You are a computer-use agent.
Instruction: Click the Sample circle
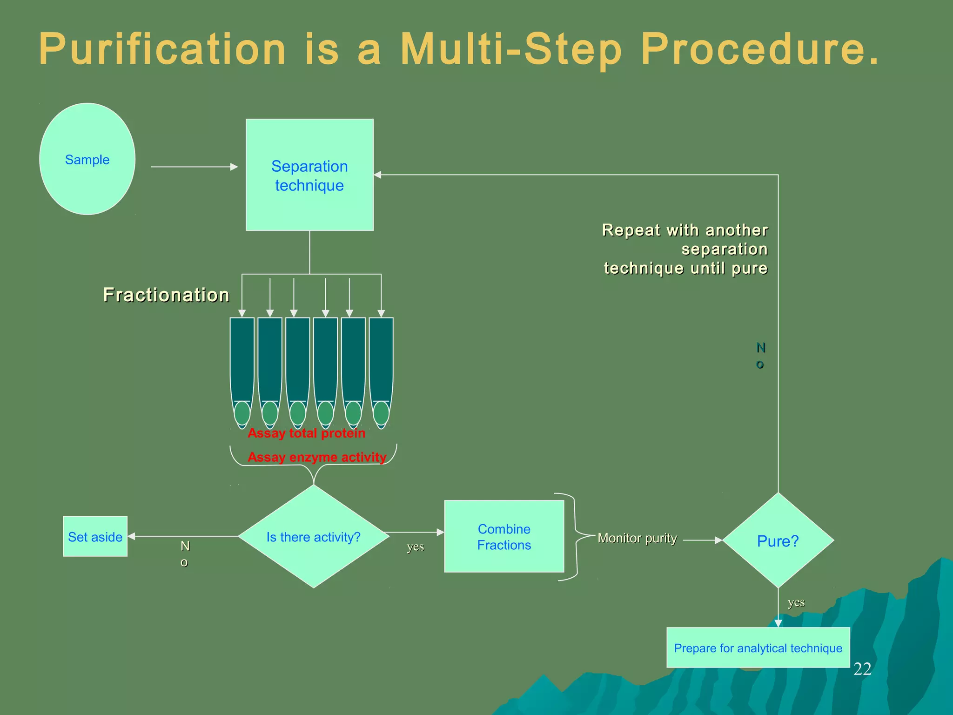coord(87,159)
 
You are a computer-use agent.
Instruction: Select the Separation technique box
coord(309,175)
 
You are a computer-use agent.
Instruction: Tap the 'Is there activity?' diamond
coord(313,537)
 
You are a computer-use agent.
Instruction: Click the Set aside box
coord(95,537)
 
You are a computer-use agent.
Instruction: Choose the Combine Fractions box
coord(504,537)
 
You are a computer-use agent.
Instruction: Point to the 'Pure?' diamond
coord(778,541)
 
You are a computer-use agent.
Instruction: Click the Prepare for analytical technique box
coord(758,648)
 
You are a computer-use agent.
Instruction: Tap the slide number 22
coord(862,669)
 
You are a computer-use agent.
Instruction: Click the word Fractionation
coord(166,295)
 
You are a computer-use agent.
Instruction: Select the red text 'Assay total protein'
coord(306,433)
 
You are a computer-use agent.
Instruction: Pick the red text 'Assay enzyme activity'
coord(317,457)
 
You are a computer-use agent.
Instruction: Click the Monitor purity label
coord(637,538)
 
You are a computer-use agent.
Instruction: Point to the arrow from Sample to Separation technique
coord(194,167)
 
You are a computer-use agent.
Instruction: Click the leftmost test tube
coord(242,368)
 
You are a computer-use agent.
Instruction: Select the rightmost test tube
coord(381,368)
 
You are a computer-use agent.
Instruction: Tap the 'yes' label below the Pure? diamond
coord(796,602)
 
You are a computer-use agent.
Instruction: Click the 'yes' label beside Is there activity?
coord(415,546)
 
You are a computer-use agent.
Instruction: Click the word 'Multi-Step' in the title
coord(511,49)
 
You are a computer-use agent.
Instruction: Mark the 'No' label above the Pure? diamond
coord(760,356)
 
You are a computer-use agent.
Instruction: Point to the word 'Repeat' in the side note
coord(631,230)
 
